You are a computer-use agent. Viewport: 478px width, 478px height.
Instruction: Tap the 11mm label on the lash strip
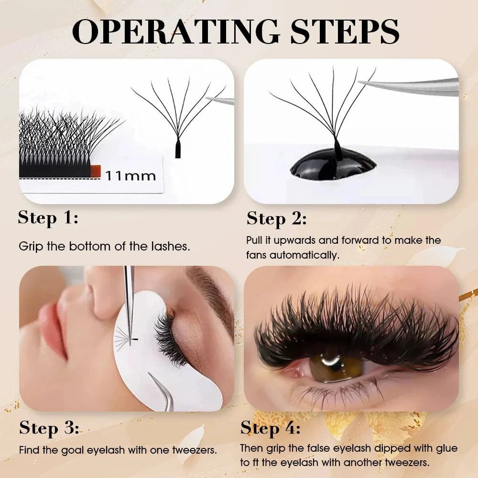pyautogui.click(x=130, y=175)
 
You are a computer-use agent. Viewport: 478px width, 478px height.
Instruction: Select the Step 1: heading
pyautogui.click(x=48, y=218)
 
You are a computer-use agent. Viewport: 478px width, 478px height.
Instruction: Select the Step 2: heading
pyautogui.click(x=277, y=219)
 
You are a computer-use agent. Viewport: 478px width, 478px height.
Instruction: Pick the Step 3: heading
pyautogui.click(x=49, y=428)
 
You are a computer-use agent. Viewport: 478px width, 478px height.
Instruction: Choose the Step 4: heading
pyautogui.click(x=271, y=428)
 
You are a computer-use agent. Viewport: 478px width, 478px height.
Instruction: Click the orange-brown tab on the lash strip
pyautogui.click(x=96, y=171)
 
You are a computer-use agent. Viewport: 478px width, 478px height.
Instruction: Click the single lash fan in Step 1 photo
pyautogui.click(x=178, y=119)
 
